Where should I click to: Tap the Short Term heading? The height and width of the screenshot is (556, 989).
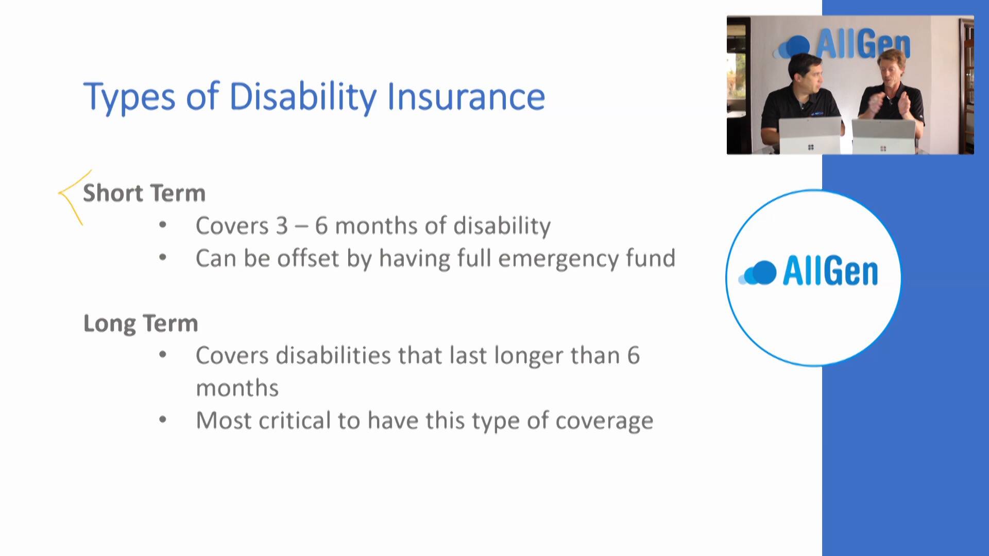144,193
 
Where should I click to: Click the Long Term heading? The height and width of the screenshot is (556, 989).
141,324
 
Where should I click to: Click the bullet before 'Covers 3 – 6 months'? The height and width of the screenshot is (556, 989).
163,224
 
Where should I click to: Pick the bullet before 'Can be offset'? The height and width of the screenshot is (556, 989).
163,257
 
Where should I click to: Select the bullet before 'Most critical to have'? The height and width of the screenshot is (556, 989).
163,420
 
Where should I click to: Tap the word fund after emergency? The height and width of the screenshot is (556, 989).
651,257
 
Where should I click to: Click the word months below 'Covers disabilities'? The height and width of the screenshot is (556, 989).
237,388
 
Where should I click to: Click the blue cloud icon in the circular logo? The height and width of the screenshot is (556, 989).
757,273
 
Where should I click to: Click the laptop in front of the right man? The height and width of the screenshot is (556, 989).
883,137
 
